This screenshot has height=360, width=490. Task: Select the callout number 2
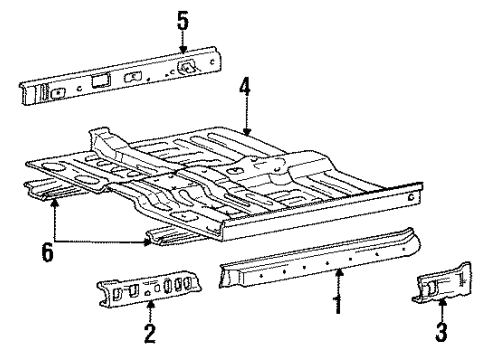point(149,334)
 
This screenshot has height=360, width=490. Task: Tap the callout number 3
point(441,331)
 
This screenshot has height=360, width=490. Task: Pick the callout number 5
point(182,17)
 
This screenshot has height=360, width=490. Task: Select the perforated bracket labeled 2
point(150,292)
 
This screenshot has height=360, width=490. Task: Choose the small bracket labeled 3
point(440,283)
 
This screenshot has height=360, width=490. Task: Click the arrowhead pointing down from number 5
point(182,50)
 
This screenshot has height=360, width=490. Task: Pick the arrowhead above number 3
point(441,299)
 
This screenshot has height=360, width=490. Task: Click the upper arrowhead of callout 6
point(53,201)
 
